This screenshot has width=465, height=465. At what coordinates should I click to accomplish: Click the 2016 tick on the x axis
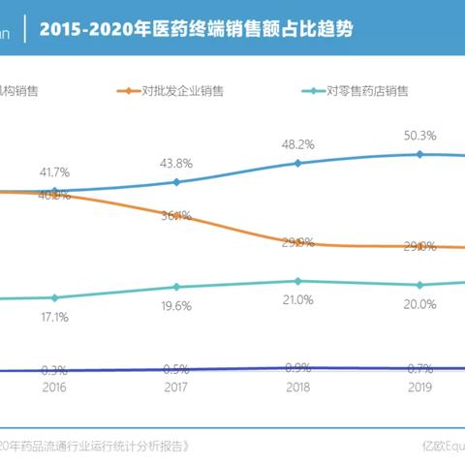[x=55, y=385]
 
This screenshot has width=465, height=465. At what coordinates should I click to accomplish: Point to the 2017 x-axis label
[x=176, y=385]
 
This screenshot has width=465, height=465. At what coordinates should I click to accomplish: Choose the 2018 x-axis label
[x=298, y=385]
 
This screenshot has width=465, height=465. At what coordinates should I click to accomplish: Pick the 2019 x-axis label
[x=419, y=385]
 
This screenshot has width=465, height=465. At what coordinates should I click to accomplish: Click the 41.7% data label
[x=55, y=170]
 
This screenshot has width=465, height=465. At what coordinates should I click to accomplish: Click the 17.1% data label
[x=55, y=317]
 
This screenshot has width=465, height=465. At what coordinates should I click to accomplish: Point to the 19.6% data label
[x=176, y=305]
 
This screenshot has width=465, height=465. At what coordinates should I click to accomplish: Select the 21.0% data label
[x=298, y=299]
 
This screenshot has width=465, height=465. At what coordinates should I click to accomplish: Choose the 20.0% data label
[x=419, y=304]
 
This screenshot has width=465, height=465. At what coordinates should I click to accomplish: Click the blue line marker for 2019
[x=419, y=153]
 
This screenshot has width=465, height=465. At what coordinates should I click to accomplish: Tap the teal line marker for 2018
[x=298, y=281]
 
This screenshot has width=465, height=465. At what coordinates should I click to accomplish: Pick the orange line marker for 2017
[x=176, y=215]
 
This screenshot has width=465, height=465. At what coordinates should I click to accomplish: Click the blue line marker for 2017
[x=176, y=181]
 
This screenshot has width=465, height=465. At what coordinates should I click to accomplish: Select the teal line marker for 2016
[x=55, y=297]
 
